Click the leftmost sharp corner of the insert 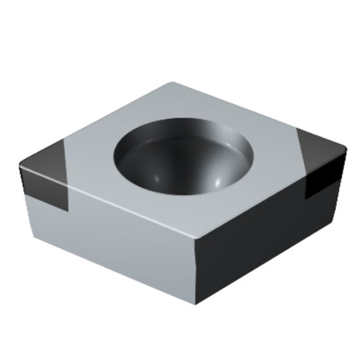click(x=20, y=170)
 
